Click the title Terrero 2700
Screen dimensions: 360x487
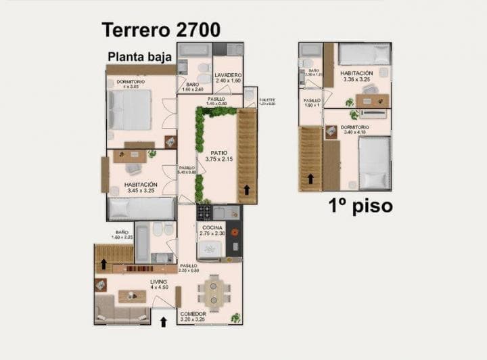click(160, 30)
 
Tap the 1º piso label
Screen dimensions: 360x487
click(361, 205)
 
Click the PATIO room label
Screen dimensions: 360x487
click(218, 153)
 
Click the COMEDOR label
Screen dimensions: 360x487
click(193, 314)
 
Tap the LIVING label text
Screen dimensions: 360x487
click(159, 281)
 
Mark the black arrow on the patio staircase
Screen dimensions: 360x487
click(247, 189)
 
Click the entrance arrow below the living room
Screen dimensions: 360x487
click(163, 321)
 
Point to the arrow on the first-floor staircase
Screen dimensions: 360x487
click(310, 179)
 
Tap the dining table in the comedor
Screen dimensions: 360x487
click(214, 292)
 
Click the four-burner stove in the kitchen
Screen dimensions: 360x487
click(204, 212)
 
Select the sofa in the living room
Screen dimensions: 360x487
click(122, 313)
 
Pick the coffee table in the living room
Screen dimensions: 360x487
click(133, 296)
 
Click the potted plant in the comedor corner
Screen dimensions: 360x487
click(235, 317)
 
